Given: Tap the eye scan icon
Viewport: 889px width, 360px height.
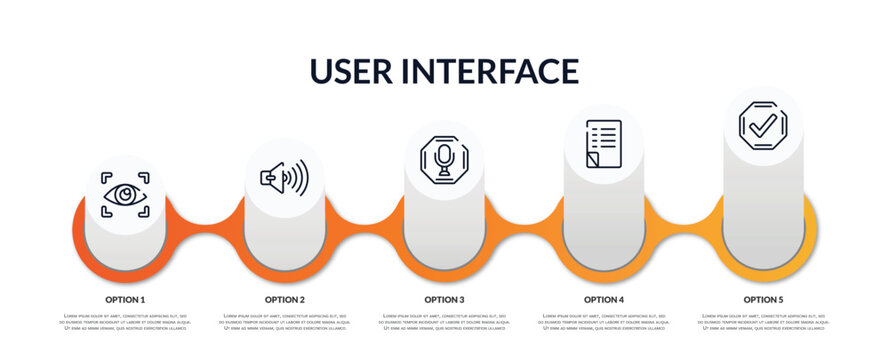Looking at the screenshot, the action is tap(125, 194).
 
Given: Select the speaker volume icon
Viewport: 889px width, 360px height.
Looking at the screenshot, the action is tap(284, 177).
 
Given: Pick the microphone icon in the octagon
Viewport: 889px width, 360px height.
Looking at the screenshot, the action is tap(444, 159).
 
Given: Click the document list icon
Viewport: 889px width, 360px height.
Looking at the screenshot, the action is tap(604, 144).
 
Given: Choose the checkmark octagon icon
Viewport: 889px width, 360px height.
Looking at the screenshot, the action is tap(763, 125).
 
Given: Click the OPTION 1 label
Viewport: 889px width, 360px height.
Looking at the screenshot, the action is tap(125, 299).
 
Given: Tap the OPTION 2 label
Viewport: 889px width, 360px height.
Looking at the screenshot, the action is tap(285, 299).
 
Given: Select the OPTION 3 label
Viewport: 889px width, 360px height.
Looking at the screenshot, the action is tap(444, 299).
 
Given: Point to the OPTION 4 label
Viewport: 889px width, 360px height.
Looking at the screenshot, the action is tap(604, 299).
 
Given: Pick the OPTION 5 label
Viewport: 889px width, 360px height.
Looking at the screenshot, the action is tap(763, 299).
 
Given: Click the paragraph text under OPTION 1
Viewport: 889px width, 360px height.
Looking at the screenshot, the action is tap(125, 322).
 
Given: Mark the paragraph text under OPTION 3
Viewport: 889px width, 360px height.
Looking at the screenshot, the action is tap(444, 322).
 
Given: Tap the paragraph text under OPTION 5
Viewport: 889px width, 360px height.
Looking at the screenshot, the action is tap(763, 322).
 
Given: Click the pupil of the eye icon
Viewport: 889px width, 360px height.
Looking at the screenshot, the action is tap(125, 194).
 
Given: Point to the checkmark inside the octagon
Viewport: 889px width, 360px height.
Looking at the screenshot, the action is tap(763, 125).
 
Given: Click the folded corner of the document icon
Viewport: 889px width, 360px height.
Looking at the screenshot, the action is tap(591, 160).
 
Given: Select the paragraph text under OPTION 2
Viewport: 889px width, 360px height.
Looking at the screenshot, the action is tap(285, 322).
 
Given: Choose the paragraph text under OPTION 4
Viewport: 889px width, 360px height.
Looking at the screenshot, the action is tap(604, 322).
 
